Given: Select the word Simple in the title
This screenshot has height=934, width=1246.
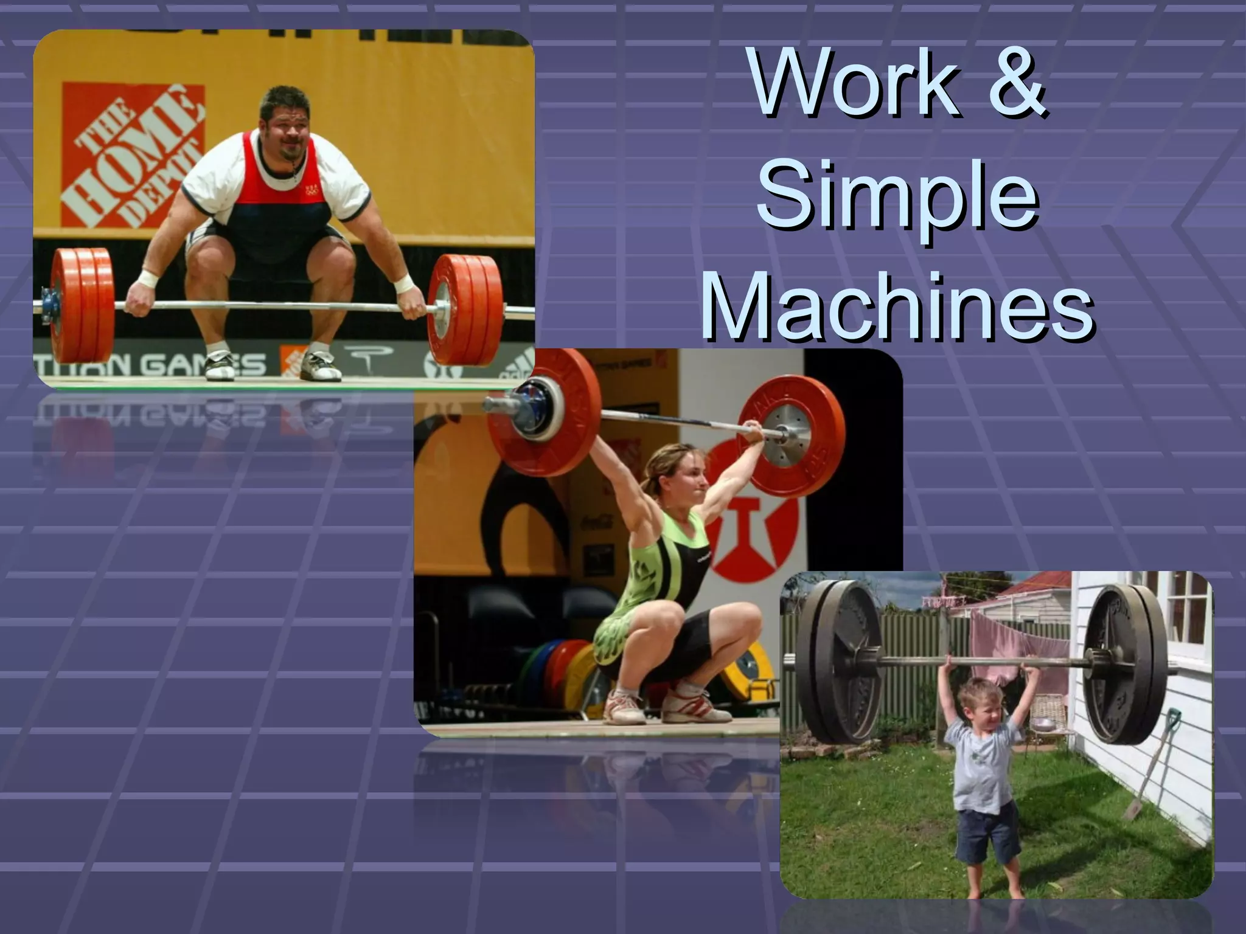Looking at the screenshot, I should [898, 198].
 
